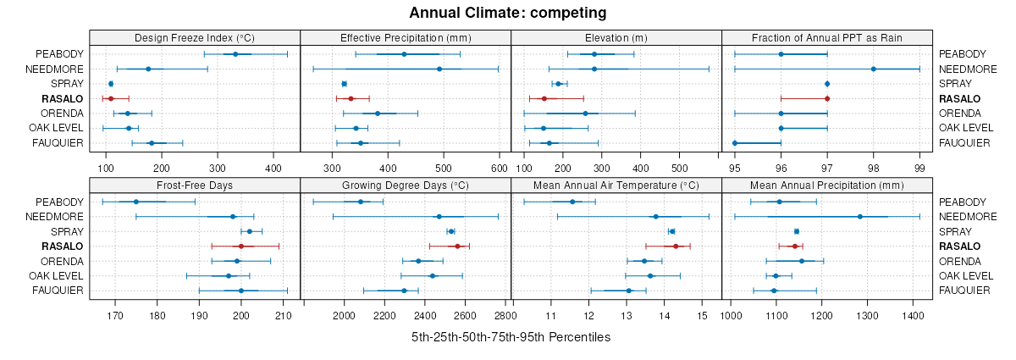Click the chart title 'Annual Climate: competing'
(x=507, y=13)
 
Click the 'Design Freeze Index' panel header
(x=194, y=38)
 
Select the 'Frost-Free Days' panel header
(x=194, y=186)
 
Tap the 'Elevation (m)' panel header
(x=616, y=38)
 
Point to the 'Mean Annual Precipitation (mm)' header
(x=826, y=186)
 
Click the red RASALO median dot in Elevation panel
(x=544, y=99)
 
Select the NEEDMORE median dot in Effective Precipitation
(x=439, y=69)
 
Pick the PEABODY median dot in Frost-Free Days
(x=135, y=202)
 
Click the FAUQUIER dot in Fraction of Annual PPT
(x=735, y=143)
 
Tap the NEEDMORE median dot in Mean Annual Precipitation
(x=860, y=217)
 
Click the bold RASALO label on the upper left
(x=62, y=99)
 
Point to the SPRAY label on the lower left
(x=68, y=231)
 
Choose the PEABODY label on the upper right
(x=961, y=54)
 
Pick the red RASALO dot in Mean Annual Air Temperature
(x=676, y=246)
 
